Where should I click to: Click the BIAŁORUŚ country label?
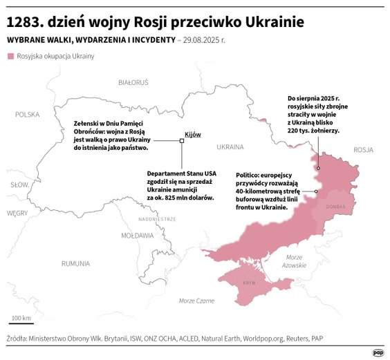click(133, 82)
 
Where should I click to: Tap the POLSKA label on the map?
click(28, 115)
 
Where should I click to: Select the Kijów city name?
click(193, 134)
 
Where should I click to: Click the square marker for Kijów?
click(182, 141)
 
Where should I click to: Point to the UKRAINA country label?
click(230, 147)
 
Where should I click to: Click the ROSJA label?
click(362, 149)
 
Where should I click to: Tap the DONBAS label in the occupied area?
click(335, 206)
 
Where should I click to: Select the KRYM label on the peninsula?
click(250, 283)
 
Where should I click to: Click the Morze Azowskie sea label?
click(295, 261)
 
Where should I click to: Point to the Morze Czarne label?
click(196, 301)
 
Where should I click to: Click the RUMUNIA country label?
click(75, 263)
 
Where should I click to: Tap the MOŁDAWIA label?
click(137, 235)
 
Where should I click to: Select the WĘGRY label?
click(17, 214)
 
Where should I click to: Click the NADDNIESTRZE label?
click(157, 218)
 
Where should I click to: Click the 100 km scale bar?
click(21, 323)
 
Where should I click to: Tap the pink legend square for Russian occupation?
click(10, 56)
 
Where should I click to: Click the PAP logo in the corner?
click(378, 352)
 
